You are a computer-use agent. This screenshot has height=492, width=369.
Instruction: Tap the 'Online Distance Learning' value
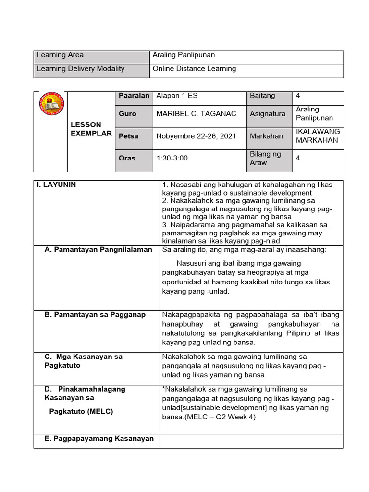[x=194, y=69]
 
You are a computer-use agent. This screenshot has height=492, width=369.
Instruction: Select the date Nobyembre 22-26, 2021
[x=196, y=136]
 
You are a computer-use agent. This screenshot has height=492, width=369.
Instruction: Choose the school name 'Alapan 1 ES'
[x=177, y=96]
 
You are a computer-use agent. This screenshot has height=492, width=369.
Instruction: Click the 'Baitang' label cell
[x=262, y=96]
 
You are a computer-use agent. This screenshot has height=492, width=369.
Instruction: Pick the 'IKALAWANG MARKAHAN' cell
[x=318, y=136]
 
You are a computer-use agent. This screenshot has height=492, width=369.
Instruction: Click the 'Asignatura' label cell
[x=267, y=114]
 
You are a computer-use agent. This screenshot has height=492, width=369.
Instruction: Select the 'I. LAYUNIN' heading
[x=57, y=184]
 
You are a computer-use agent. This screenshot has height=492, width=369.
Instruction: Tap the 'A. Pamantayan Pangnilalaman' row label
[x=98, y=249]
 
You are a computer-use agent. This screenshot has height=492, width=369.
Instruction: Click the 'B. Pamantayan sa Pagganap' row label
[x=95, y=315]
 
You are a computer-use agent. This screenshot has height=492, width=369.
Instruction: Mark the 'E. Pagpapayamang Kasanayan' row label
[x=99, y=438]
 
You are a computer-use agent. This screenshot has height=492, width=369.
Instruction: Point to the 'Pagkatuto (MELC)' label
[x=81, y=411]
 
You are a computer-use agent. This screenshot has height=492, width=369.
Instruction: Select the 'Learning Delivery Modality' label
[x=81, y=69]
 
